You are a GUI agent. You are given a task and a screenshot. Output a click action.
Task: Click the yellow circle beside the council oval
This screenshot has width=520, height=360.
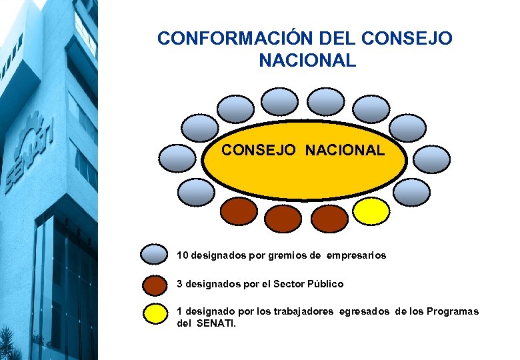pos(371,211)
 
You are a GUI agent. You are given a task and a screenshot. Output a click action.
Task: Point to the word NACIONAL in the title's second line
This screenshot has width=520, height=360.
pos(307,61)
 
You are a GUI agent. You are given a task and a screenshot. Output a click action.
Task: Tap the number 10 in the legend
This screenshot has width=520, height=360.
pos(182,255)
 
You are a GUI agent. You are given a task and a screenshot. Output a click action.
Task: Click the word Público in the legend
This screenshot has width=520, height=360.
pos(325,284)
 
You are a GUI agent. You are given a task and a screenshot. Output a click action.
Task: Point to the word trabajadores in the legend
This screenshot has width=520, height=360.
pos(305,311)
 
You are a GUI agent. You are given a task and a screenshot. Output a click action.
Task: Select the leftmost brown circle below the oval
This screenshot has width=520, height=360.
pos(238,211)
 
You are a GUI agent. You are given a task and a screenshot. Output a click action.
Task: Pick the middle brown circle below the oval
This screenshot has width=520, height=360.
pos(283,216)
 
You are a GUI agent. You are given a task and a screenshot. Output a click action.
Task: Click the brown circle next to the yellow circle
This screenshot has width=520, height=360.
pos(329,216)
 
